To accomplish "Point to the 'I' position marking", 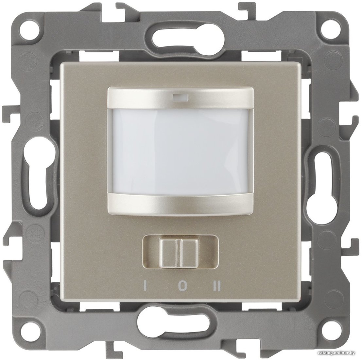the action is tap(145, 286).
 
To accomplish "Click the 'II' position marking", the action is tap(217, 286).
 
